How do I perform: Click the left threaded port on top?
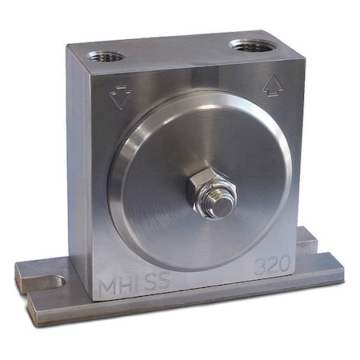click(106, 56)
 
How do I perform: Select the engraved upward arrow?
click(273, 86)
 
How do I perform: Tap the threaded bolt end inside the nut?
click(221, 204)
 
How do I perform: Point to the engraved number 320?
click(274, 266)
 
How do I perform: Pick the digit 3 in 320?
click(262, 267)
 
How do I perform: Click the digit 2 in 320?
click(274, 266)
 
